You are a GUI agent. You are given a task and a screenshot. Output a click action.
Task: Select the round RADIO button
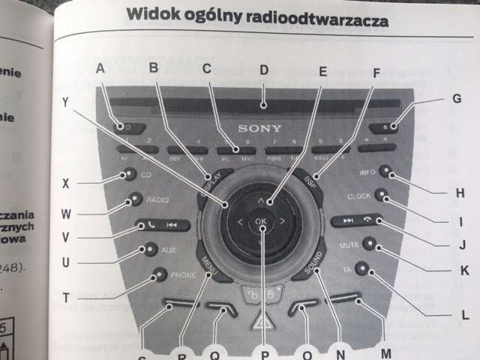coord(134,199)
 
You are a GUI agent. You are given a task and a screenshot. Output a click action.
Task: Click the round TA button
coord(362,267)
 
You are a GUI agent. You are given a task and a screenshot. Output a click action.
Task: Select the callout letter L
coord(466,313)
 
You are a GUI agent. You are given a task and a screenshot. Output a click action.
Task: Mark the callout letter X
coord(66,182)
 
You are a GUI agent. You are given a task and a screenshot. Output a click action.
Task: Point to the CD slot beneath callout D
coord(255,103)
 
